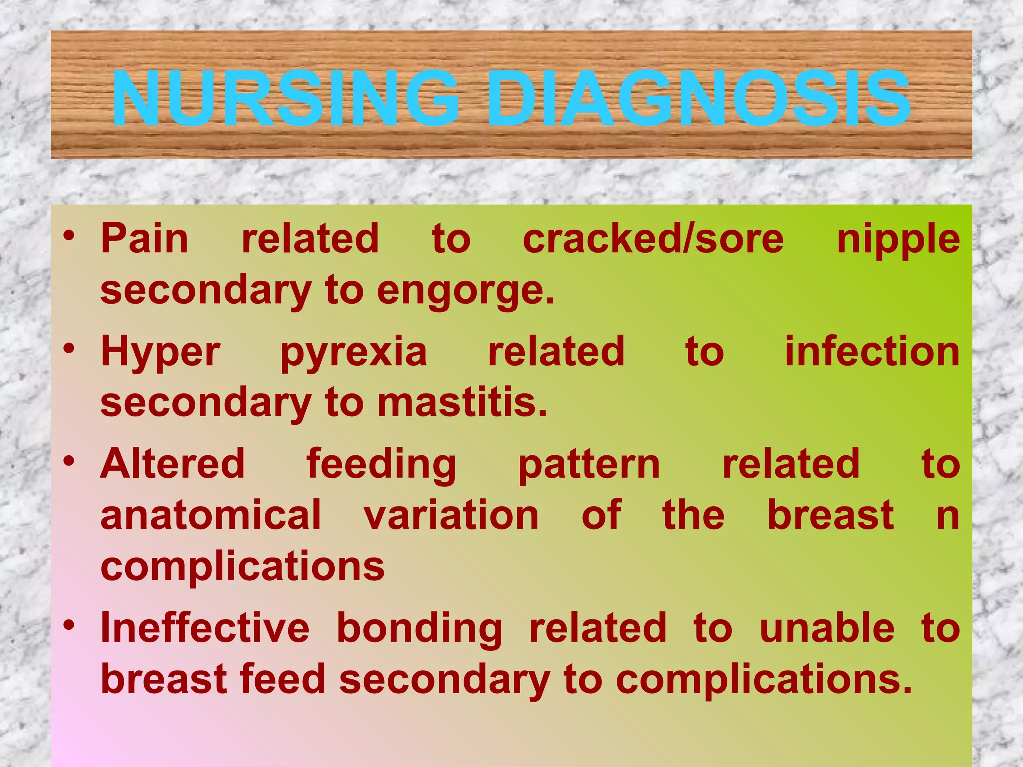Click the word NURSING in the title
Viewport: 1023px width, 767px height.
tap(285, 99)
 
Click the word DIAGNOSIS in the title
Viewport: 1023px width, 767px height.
tap(698, 99)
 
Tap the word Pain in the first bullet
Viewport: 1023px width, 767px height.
tap(145, 239)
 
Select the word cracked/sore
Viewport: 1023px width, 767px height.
tap(653, 239)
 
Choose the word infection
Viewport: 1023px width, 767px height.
tap(872, 351)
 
